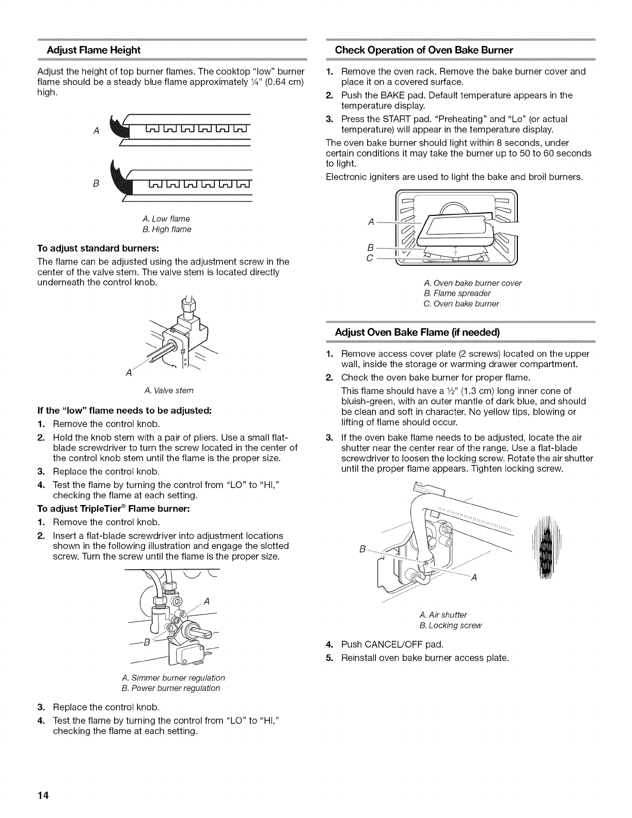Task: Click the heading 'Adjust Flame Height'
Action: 93,50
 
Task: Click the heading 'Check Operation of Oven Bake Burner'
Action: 423,50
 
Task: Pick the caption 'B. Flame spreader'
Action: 449,293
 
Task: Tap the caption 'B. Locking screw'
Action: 450,625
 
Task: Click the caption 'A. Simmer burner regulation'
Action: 173,678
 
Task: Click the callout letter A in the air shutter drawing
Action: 473,578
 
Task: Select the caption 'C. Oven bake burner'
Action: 461,304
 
